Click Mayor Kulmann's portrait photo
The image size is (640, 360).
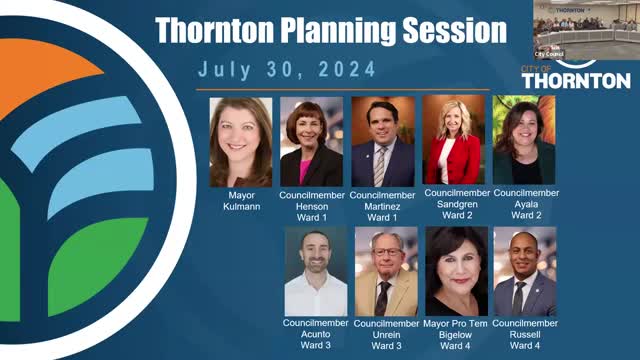[240, 141]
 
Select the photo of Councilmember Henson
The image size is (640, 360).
[311, 141]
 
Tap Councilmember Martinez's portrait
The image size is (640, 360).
[382, 141]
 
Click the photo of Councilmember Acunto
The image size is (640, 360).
[315, 271]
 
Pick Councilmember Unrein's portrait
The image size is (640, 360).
[386, 271]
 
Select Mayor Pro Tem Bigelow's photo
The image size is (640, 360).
[456, 271]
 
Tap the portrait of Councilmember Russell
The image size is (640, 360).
[524, 271]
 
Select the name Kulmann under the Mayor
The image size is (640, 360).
[240, 205]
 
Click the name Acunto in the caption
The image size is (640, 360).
[315, 335]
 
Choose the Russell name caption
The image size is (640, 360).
[524, 335]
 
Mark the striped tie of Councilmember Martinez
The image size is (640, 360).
[379, 165]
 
